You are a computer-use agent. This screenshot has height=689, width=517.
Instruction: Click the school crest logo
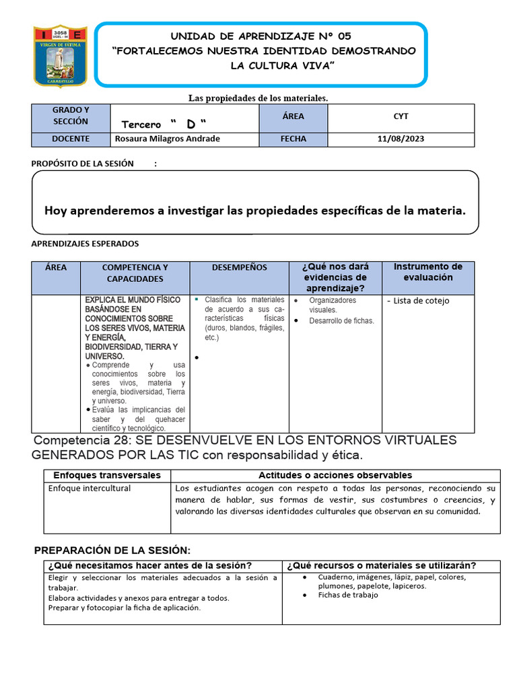tap(61, 57)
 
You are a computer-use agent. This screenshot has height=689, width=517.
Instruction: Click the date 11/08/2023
tap(401, 139)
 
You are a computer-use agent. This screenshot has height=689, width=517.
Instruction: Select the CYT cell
tap(401, 116)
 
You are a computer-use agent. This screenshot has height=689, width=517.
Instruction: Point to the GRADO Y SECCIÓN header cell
tap(71, 116)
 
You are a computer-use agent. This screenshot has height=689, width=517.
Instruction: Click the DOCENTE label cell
tap(71, 139)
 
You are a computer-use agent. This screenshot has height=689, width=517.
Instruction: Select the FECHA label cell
tap(293, 139)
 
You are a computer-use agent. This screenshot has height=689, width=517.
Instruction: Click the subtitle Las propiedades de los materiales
tap(258, 98)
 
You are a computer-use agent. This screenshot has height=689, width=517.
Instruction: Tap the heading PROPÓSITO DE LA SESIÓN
tap(83, 164)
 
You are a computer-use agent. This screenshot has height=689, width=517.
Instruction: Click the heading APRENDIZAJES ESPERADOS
tap(85, 244)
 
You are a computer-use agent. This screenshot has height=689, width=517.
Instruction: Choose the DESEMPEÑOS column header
tap(239, 268)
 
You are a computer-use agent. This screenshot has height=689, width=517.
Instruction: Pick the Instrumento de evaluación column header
tap(427, 272)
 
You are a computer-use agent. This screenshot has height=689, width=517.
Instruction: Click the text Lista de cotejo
tap(421, 301)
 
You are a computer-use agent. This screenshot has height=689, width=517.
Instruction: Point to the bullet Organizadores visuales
tap(333, 305)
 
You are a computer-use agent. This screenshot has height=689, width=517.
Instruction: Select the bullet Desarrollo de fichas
tap(341, 321)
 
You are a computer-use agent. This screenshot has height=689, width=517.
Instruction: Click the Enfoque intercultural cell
tap(90, 488)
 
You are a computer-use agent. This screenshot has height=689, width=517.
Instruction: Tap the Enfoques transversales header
tap(107, 475)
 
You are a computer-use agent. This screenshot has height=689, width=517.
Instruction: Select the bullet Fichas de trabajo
tap(347, 595)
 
